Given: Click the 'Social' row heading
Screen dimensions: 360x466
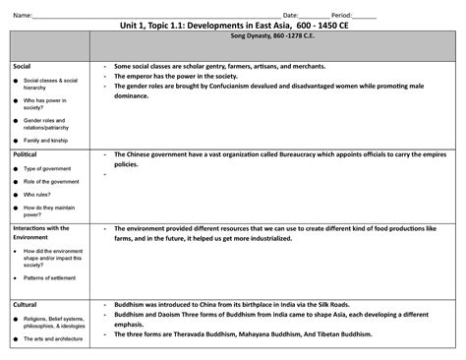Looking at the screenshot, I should pos(22,66).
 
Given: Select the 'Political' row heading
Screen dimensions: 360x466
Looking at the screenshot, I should pos(25,155).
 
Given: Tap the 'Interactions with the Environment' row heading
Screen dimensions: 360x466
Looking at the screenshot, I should pos(41,232).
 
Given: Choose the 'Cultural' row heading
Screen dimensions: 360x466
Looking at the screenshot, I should pos(25,305).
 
